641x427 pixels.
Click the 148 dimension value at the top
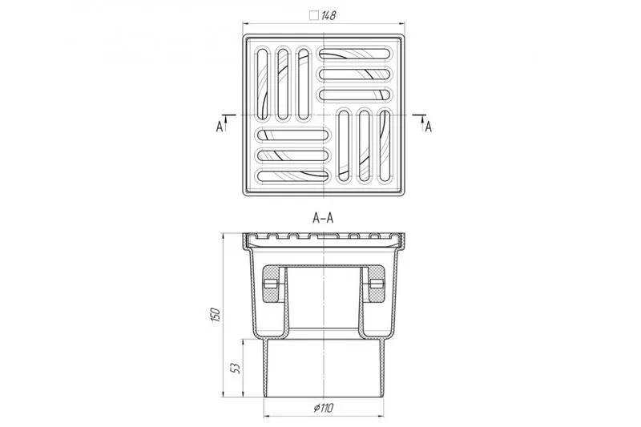(329, 15)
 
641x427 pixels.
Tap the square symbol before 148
(314, 15)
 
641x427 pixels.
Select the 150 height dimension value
(216, 315)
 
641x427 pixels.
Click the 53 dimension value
(236, 368)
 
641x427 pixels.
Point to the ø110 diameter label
(324, 408)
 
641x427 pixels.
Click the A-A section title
(323, 218)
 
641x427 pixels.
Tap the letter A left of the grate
(220, 127)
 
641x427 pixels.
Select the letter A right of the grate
(428, 127)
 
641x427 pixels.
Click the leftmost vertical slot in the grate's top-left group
(263, 84)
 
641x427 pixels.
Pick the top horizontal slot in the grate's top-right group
(354, 54)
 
